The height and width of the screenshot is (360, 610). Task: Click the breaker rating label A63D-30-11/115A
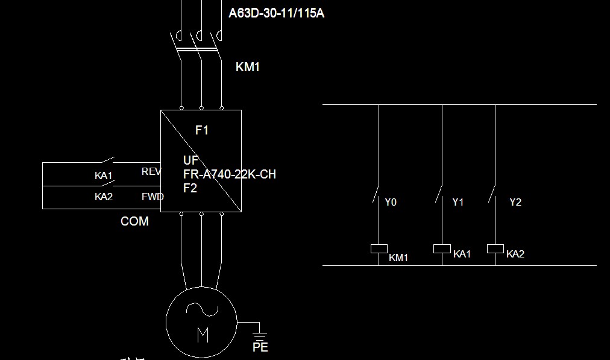click(x=276, y=13)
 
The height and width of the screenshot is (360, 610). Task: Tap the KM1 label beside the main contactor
click(x=247, y=67)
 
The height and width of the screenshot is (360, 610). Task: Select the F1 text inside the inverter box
click(x=201, y=130)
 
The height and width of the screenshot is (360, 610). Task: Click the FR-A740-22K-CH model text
click(x=230, y=174)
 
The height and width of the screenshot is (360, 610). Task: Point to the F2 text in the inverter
click(x=190, y=188)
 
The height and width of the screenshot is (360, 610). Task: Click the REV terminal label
click(x=151, y=172)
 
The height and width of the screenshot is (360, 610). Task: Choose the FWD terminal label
click(x=152, y=197)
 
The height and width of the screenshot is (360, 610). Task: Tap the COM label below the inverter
click(x=134, y=221)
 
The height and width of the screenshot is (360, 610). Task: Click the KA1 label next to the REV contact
click(x=104, y=176)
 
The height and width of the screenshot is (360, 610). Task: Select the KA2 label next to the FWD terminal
click(x=104, y=197)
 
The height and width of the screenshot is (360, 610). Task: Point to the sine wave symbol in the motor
click(x=202, y=309)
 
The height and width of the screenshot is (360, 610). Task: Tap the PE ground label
click(x=260, y=347)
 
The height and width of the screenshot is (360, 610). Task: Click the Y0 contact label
click(x=391, y=203)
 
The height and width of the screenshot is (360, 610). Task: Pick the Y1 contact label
click(x=458, y=203)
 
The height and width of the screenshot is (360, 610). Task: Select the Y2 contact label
click(x=515, y=202)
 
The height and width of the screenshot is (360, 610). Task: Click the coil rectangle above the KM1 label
click(x=378, y=248)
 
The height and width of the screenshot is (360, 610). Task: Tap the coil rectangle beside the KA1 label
click(x=442, y=248)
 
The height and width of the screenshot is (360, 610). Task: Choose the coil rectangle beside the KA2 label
click(x=495, y=248)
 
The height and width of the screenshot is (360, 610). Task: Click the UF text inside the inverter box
click(x=190, y=161)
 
